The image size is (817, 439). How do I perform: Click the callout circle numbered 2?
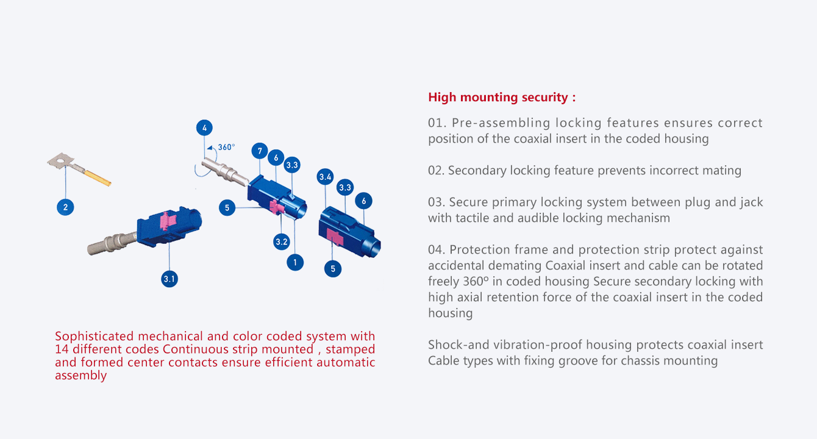pyautogui.click(x=65, y=207)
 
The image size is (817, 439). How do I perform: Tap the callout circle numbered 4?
pyautogui.click(x=205, y=128)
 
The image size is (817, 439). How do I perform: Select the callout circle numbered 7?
pyautogui.click(x=260, y=151)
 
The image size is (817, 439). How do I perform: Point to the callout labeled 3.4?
pyautogui.click(x=326, y=177)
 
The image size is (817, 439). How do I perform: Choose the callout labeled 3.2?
pyautogui.click(x=281, y=241)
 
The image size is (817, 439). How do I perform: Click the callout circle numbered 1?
pyautogui.click(x=295, y=262)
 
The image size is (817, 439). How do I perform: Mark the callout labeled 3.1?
pyautogui.click(x=169, y=279)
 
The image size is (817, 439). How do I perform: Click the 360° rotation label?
pyautogui.click(x=226, y=147)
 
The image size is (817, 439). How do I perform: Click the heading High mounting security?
pyautogui.click(x=501, y=98)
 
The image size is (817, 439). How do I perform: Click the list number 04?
pyautogui.click(x=437, y=250)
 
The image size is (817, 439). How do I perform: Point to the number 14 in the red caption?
pyautogui.click(x=62, y=349)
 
